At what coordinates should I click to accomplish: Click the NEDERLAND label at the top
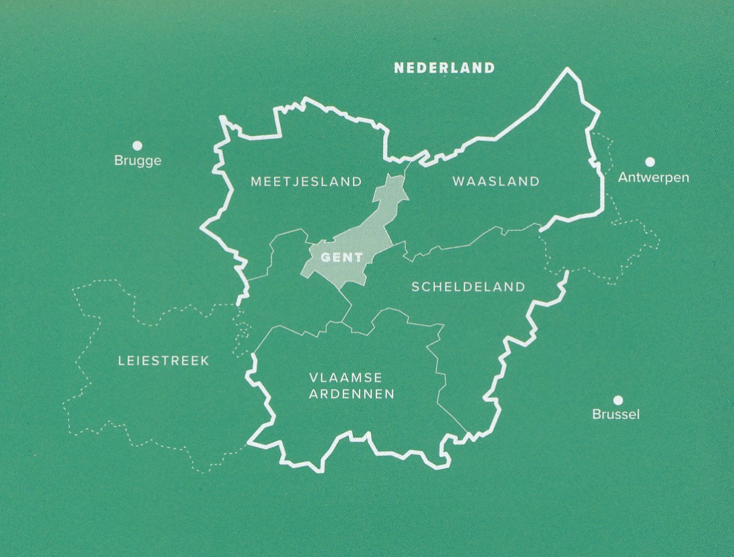(x=444, y=68)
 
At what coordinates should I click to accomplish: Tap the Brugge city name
(x=137, y=161)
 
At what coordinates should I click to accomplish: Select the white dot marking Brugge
(x=137, y=145)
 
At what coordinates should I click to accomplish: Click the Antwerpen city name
(x=653, y=178)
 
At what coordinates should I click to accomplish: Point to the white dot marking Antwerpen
(x=650, y=162)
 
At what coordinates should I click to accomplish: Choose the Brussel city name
(x=615, y=414)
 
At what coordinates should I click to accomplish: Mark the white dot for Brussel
(x=618, y=399)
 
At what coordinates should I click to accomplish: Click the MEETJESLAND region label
(x=306, y=181)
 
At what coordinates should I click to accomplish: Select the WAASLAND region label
(x=496, y=181)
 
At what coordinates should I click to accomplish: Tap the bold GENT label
(x=342, y=257)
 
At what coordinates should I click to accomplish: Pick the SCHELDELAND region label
(x=468, y=287)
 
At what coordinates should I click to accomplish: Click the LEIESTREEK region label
(x=164, y=361)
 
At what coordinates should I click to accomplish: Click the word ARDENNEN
(x=352, y=395)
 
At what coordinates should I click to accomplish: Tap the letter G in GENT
(x=326, y=257)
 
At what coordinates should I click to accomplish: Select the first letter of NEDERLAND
(x=399, y=68)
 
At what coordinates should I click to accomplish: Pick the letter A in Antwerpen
(x=623, y=178)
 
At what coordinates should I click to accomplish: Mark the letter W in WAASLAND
(x=458, y=181)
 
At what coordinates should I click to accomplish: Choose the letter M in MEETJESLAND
(x=255, y=181)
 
